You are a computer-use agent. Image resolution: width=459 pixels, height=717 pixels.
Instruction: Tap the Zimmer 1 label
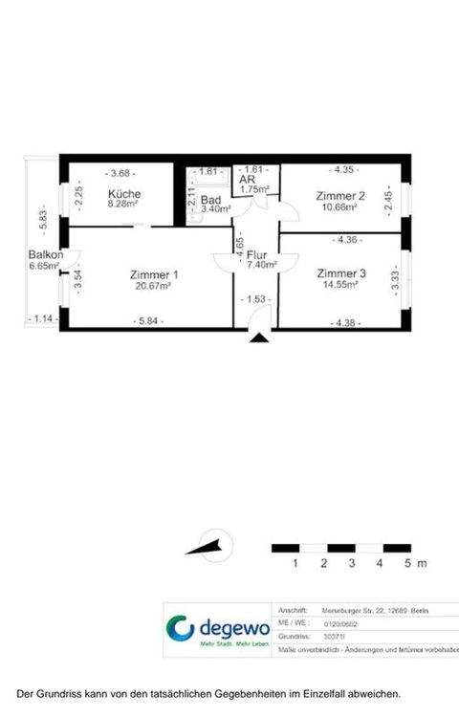click(153, 275)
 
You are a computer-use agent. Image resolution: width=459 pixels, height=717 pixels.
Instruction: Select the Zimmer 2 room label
click(341, 196)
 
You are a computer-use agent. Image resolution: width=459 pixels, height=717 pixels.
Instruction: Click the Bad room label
click(210, 201)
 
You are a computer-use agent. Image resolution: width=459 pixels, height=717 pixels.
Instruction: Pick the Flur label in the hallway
click(256, 255)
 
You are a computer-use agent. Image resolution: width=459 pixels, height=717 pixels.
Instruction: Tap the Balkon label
click(45, 255)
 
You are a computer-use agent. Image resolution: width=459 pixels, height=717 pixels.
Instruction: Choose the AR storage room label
click(247, 179)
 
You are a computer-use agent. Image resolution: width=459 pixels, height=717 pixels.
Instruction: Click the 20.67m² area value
click(153, 286)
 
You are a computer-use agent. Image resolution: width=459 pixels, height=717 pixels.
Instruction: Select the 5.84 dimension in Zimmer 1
click(150, 321)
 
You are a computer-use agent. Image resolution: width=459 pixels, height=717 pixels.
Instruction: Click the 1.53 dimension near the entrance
click(256, 299)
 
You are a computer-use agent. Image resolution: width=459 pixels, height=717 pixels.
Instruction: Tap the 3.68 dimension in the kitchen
click(122, 173)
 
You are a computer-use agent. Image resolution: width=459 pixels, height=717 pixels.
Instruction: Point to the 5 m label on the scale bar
click(413, 564)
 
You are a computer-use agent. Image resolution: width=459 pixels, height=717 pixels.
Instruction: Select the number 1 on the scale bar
click(296, 564)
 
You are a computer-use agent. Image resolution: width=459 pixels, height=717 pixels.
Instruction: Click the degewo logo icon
click(180, 630)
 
